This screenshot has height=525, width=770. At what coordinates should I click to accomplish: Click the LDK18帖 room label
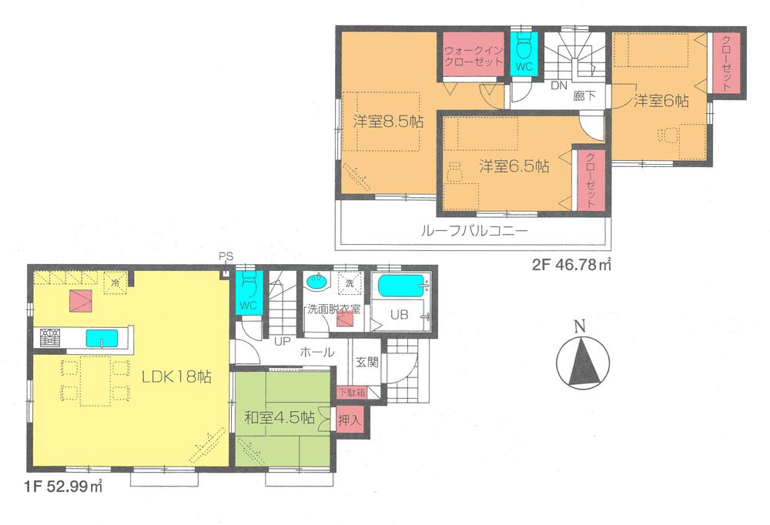click(176, 377)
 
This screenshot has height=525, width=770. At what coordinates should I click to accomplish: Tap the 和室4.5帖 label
click(279, 418)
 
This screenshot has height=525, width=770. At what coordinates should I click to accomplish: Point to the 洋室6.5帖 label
click(514, 166)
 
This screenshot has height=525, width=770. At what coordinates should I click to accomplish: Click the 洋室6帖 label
click(661, 101)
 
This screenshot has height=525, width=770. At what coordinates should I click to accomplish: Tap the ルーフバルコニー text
click(473, 230)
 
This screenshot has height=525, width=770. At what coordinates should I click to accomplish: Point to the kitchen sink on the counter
click(102, 338)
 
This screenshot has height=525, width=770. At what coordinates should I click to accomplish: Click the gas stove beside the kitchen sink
click(51, 337)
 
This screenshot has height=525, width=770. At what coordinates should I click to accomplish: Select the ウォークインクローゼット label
click(472, 55)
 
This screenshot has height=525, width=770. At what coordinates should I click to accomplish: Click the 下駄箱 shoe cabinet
click(350, 393)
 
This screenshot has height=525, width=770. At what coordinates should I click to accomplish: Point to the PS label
click(226, 256)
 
